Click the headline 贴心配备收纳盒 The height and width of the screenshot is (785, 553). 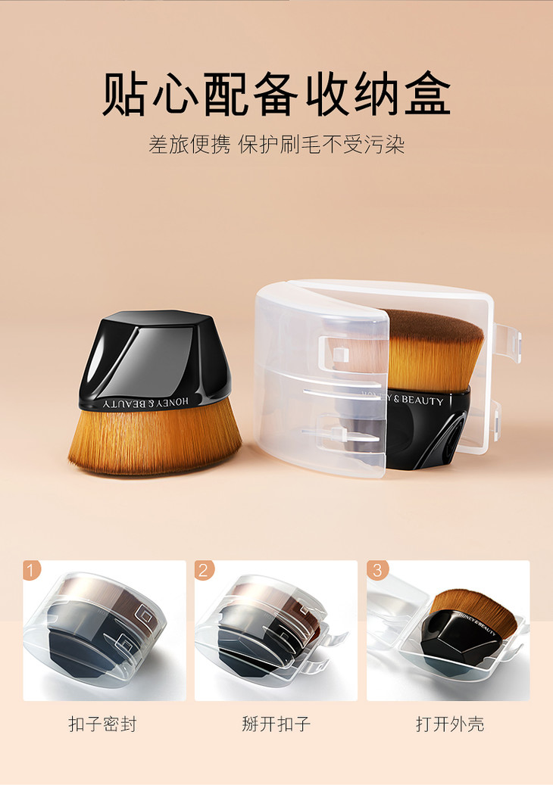(x=276, y=94)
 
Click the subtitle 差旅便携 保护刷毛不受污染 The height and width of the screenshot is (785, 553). (x=276, y=145)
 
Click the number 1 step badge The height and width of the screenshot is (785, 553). (x=32, y=570)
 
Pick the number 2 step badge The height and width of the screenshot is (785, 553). (x=203, y=570)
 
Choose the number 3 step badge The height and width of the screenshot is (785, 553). (x=377, y=570)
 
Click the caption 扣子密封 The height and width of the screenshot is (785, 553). (x=103, y=724)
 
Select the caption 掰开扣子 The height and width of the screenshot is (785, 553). (x=276, y=724)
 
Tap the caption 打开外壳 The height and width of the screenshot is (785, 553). (x=450, y=724)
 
